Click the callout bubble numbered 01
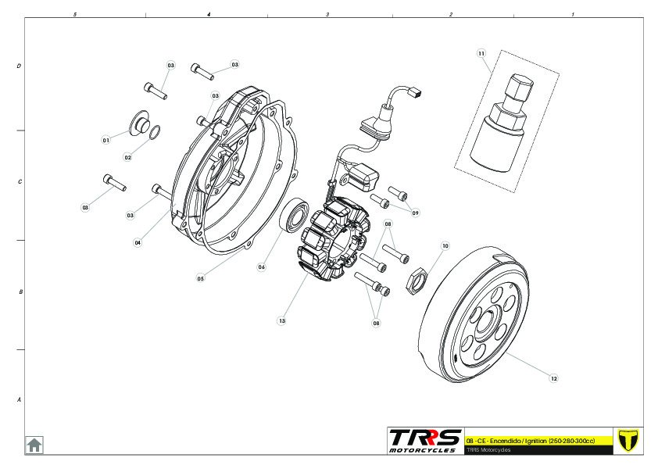(x=105, y=140)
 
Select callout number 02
(x=128, y=157)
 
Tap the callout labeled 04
(x=138, y=242)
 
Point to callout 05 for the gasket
(x=200, y=277)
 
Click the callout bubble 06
(x=262, y=266)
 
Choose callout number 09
(x=415, y=213)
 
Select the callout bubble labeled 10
(x=445, y=245)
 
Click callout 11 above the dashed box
(x=481, y=53)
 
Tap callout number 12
(x=554, y=378)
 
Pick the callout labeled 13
(x=281, y=320)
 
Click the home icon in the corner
(x=34, y=445)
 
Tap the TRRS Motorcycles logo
(x=425, y=440)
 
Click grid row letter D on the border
(x=19, y=66)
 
